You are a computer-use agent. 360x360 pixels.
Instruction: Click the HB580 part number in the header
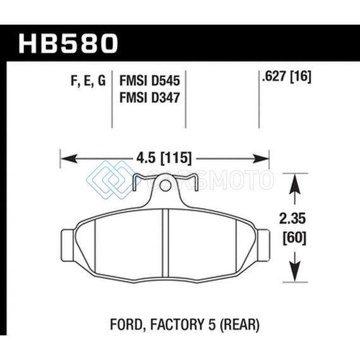pos(68,44)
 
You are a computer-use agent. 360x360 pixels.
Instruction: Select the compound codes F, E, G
pos(88,81)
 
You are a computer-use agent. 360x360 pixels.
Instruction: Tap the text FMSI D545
pos(150,81)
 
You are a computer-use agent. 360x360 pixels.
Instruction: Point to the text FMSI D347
pos(150,97)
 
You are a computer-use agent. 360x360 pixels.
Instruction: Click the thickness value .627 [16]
pos(286,76)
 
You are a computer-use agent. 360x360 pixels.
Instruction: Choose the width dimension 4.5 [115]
pos(164,158)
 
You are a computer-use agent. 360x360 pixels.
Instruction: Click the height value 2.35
pos(292,219)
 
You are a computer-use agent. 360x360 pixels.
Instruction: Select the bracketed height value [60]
pos(294,238)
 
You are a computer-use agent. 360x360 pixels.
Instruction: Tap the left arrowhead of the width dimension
pos(69,159)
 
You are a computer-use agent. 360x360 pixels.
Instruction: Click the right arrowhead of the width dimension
pos(260,159)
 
